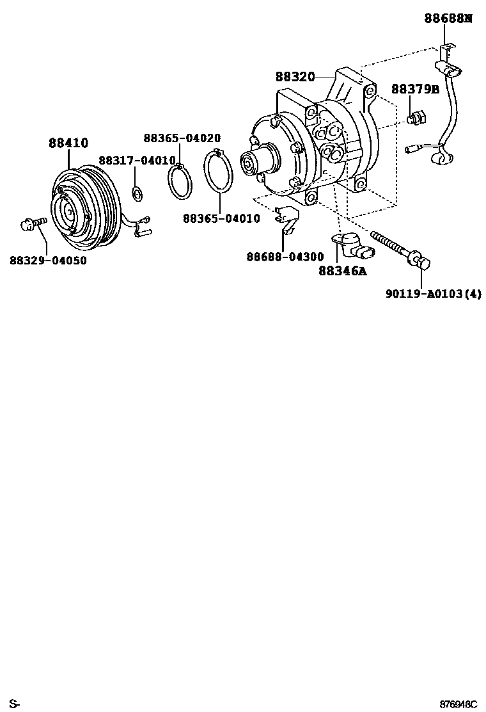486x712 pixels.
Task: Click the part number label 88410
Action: tap(68, 143)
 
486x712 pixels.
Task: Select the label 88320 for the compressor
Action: tap(295, 77)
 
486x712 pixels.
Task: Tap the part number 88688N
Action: tap(448, 18)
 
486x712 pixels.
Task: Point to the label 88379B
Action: tap(415, 89)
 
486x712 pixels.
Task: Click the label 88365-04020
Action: tap(182, 138)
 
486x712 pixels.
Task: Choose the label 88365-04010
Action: tap(221, 218)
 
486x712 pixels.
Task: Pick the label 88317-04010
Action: tap(137, 160)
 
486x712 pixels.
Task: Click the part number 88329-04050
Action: tap(48, 261)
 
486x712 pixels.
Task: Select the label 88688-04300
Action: tap(285, 257)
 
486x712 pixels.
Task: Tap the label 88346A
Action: tap(342, 271)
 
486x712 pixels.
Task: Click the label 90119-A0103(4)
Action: tap(433, 294)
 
